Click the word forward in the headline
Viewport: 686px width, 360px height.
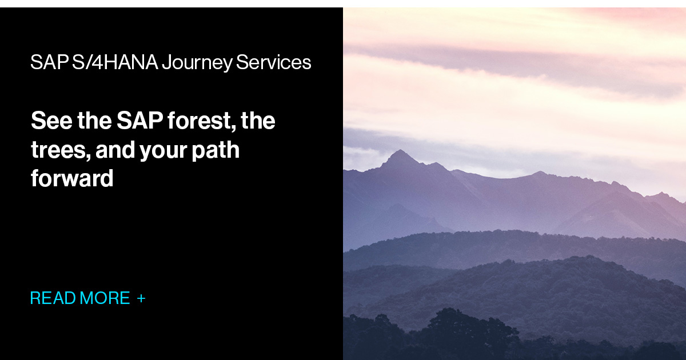(72, 179)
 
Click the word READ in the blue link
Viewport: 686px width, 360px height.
(53, 298)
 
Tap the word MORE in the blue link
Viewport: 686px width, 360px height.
(105, 298)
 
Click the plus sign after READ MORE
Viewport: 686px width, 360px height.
(141, 298)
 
